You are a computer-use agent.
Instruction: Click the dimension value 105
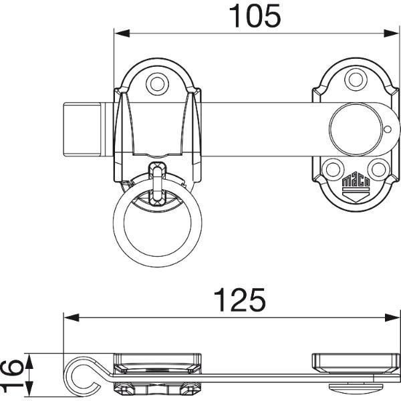coord(255,16)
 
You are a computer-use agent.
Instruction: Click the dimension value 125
coord(240,299)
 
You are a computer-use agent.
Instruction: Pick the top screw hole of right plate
coord(356,80)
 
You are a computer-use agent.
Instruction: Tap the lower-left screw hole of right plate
coord(333,169)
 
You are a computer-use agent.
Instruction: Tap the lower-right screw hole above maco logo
coord(378,169)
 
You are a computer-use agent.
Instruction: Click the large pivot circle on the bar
coord(356,129)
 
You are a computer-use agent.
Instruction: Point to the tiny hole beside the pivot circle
coord(388,129)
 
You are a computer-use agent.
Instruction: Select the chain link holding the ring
coord(157,184)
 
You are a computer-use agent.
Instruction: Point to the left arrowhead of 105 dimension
coord(122,33)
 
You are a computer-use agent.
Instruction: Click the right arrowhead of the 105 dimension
coord(391,33)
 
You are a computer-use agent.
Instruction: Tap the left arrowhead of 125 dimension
coord(72,318)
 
